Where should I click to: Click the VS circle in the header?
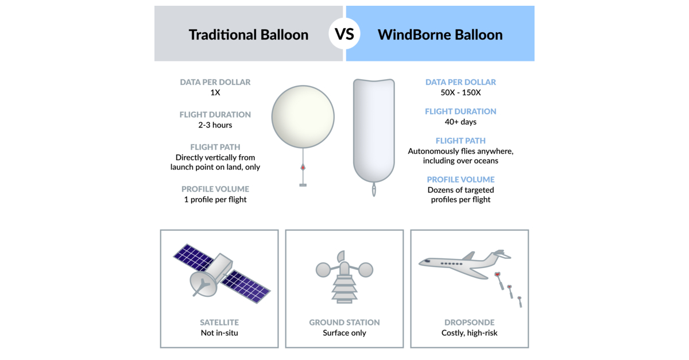[344, 34]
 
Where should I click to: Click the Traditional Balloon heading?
[249, 34]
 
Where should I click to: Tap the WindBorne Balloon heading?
[440, 34]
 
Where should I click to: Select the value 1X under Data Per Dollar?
[215, 92]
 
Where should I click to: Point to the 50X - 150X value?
[460, 92]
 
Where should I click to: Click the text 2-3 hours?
[215, 125]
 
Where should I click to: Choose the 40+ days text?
[460, 122]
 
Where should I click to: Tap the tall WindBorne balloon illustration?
[374, 129]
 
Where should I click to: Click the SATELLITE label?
[219, 323]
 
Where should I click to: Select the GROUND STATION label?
[344, 323]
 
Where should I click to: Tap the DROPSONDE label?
[470, 323]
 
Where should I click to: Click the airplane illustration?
[462, 264]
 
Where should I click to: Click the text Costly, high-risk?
[470, 333]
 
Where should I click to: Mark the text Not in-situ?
[219, 333]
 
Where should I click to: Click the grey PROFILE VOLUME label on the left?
[215, 189]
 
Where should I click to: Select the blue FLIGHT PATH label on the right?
[460, 141]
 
